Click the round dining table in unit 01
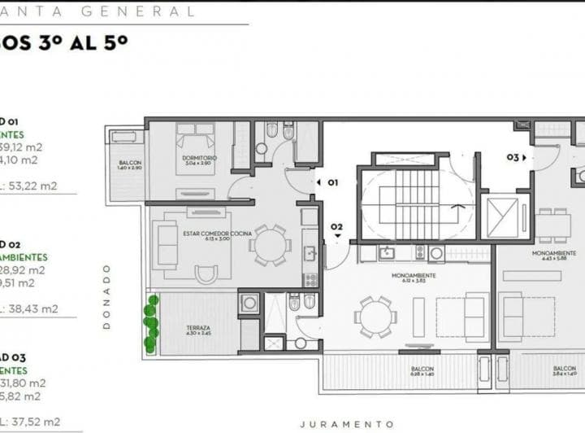tap(267, 245)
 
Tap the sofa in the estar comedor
tap(167, 244)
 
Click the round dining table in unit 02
tap(375, 316)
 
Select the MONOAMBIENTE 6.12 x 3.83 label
tap(414, 278)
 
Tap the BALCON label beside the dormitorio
tap(130, 165)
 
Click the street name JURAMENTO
tap(347, 424)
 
